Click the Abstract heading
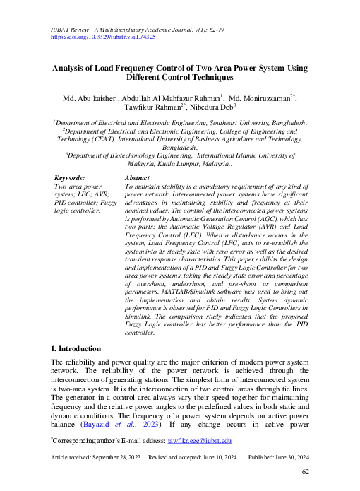pyautogui.click(x=136, y=177)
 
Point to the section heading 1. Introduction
pyautogui.click(x=77, y=348)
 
